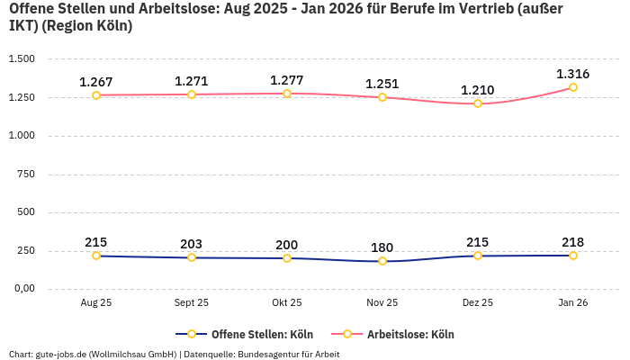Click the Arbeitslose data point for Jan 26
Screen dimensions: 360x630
click(573, 87)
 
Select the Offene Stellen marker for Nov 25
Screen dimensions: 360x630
click(382, 261)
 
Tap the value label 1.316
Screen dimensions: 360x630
click(573, 74)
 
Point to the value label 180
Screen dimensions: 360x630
click(382, 247)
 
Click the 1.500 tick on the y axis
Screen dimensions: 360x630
click(21, 58)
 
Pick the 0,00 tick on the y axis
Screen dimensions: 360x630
click(22, 289)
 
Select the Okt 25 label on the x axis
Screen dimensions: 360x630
click(287, 303)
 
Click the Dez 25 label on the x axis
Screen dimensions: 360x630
click(478, 303)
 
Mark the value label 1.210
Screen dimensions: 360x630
click(478, 90)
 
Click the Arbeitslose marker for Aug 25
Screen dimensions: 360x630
click(96, 94)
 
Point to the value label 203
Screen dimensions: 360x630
click(192, 244)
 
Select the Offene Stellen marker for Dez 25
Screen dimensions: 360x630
click(478, 256)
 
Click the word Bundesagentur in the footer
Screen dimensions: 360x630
click(269, 354)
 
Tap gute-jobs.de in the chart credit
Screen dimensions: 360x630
click(61, 354)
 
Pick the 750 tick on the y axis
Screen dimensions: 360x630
click(26, 174)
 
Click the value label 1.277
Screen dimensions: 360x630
click(287, 80)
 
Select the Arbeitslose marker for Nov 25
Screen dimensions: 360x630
click(382, 97)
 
